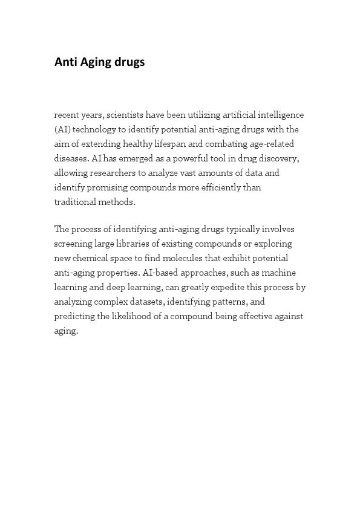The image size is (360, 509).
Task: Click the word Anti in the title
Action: coord(64,62)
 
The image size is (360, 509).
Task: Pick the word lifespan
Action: coord(191,144)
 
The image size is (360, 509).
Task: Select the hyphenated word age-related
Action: coord(276,144)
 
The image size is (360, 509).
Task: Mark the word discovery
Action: coord(280,158)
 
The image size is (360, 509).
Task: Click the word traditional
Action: coord(74,202)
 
